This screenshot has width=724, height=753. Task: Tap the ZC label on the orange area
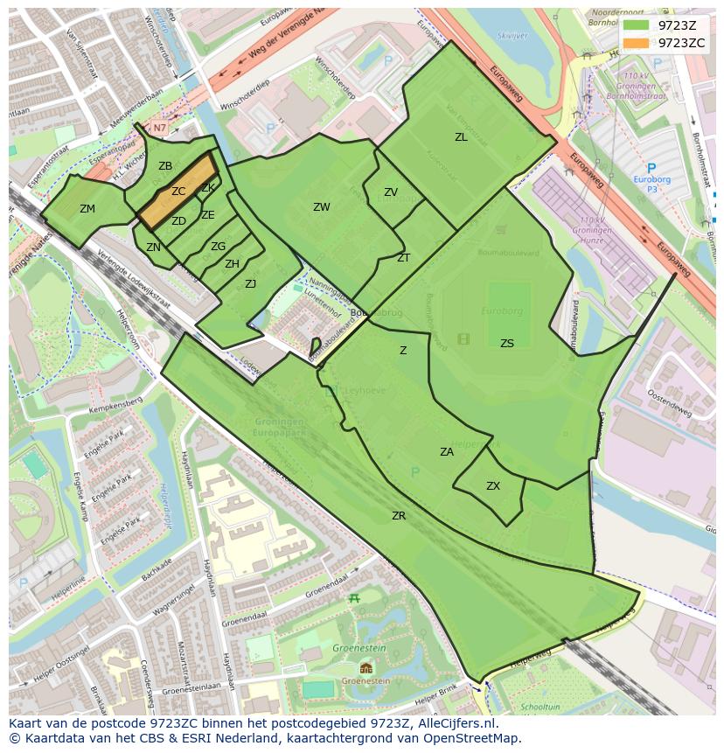(x=178, y=192)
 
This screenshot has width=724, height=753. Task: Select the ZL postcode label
(x=461, y=137)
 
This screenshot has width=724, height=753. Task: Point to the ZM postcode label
(x=87, y=209)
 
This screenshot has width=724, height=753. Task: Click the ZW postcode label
(x=322, y=207)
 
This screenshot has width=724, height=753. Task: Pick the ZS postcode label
(x=507, y=344)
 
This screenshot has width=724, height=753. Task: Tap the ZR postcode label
(x=399, y=516)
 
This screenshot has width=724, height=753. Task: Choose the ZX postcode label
(x=493, y=486)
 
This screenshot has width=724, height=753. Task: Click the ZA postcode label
(x=447, y=452)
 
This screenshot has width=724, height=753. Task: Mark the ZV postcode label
(x=391, y=192)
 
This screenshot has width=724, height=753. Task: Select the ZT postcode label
(x=403, y=258)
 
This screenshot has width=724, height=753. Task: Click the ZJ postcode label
(x=250, y=283)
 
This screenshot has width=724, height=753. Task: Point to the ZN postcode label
(x=153, y=248)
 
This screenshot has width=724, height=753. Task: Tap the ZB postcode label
(x=165, y=166)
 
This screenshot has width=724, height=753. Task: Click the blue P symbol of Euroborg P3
(x=651, y=168)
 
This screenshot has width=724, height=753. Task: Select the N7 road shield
(x=159, y=128)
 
